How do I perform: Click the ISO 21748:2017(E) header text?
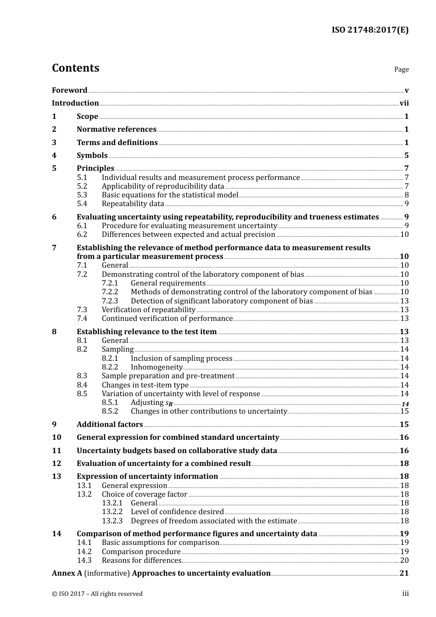370,30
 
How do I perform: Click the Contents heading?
75,68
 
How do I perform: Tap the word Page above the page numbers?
401,69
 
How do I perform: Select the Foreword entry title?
69,90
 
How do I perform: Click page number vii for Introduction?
404,103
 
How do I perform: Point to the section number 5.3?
82,195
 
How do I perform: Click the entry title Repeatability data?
133,204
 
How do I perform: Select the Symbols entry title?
92,156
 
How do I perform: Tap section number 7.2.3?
110,301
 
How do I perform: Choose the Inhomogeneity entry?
157,367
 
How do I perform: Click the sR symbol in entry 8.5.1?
169,404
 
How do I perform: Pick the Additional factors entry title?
110,425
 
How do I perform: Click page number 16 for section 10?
404,438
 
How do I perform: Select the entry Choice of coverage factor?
144,494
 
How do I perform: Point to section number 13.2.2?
112,512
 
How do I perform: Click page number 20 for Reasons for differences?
404,561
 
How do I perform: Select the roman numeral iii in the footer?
405,594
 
